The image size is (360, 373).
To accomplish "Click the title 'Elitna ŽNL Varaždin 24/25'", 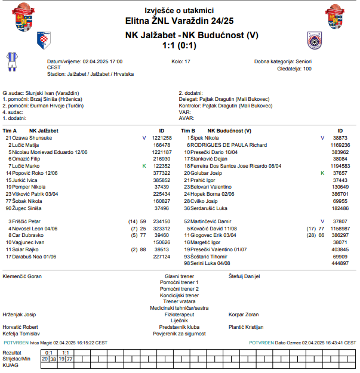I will point(180,20).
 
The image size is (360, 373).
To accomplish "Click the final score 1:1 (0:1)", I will point(180,45).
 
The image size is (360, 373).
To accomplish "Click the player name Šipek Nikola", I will point(204,137).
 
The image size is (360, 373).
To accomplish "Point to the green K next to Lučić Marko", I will point(144,166).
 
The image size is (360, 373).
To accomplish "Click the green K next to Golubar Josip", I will point(322,173).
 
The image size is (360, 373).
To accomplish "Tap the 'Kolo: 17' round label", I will point(181,61).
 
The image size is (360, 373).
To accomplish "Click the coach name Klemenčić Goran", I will point(23,276).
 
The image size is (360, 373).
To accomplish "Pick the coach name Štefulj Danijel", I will point(245,276).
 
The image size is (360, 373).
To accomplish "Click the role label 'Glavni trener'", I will point(180,276).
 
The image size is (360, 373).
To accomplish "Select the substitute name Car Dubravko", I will point(28,236).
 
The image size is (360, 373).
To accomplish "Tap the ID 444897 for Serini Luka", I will point(340,263).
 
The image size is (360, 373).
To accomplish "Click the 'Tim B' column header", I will point(187,130).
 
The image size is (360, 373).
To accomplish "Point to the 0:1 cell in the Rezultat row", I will point(49,353).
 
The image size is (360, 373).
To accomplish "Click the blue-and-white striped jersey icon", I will point(11,61).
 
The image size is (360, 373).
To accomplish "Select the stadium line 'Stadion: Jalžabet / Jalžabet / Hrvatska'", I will point(90,74).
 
